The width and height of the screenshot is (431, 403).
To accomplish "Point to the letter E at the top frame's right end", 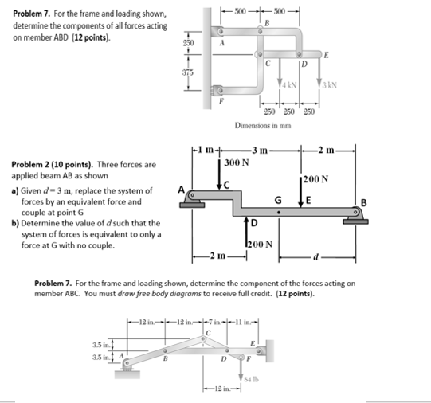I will [x=327, y=55].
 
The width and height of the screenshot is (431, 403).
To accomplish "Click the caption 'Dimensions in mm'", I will [x=264, y=126].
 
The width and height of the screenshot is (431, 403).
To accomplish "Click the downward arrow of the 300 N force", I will [x=220, y=175].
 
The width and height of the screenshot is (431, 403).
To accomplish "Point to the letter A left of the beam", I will [x=182, y=190].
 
